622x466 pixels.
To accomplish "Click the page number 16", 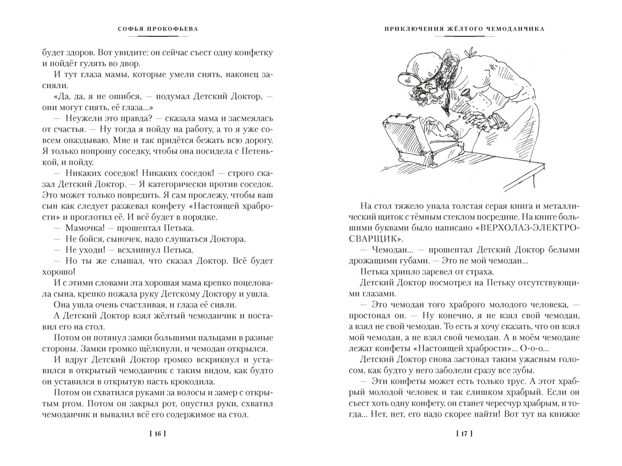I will [x=158, y=434].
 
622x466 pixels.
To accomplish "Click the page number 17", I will [x=463, y=434].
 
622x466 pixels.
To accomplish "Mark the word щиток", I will [x=373, y=217].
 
